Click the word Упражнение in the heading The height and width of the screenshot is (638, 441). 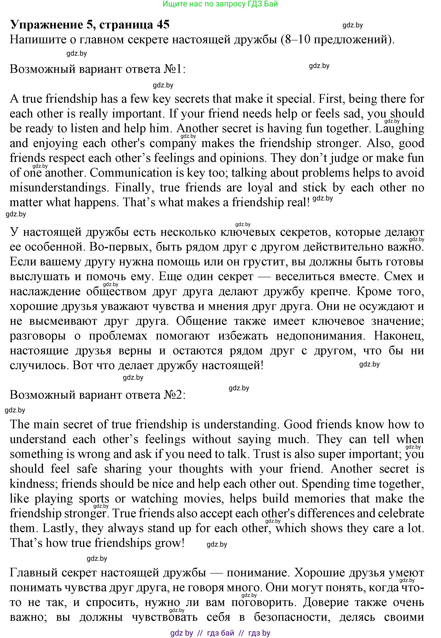(x=47, y=25)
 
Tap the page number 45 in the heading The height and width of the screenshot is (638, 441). (x=163, y=25)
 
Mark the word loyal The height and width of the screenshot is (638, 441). (x=260, y=188)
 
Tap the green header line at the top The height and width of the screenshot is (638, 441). (x=220, y=4)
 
